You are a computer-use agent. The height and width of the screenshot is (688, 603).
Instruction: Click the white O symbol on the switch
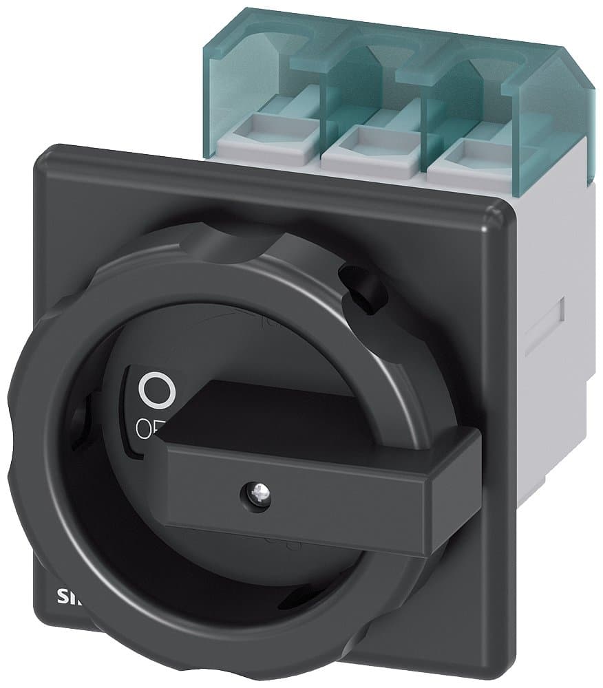pyautogui.click(x=156, y=390)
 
